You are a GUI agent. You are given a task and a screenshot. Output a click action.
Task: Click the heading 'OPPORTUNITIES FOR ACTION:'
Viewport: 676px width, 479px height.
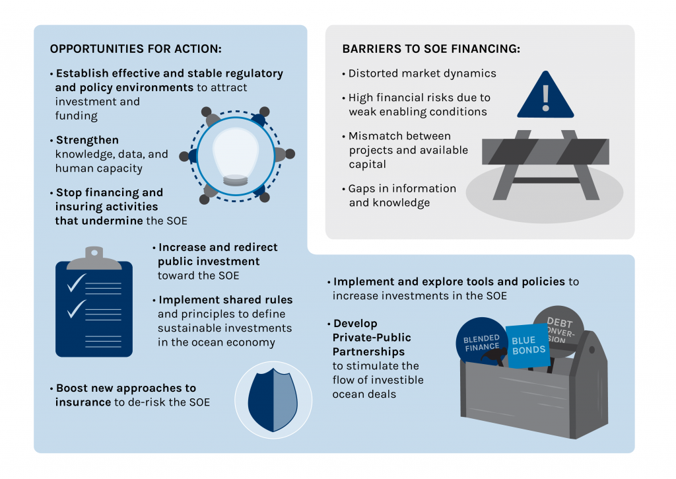tap(136, 50)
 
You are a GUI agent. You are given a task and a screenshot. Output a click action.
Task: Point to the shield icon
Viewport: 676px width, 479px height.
tap(268, 400)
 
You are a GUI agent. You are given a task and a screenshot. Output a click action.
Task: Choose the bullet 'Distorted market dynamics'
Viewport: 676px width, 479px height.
tap(422, 74)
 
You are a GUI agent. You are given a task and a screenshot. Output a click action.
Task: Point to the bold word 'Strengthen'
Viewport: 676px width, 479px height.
tap(87, 140)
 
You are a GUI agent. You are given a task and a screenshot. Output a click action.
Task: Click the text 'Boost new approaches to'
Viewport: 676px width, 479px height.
tap(125, 388)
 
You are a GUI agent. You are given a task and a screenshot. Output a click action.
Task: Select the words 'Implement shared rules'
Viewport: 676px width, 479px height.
tap(226, 299)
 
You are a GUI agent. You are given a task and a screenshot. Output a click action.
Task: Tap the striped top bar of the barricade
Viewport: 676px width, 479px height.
tap(545, 151)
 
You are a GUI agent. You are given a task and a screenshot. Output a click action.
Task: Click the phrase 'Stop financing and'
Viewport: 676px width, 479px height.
tap(109, 192)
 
